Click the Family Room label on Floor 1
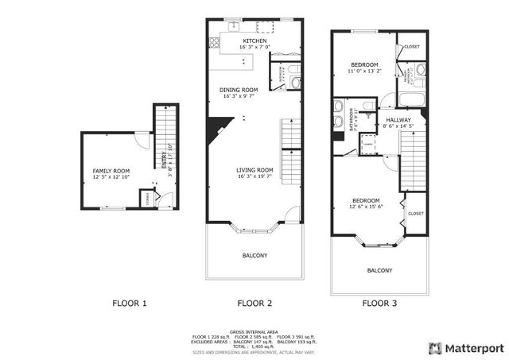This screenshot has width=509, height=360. (x=108, y=171)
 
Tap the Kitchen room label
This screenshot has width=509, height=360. (x=254, y=41)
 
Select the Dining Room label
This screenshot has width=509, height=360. (x=239, y=90)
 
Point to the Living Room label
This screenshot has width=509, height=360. (x=254, y=170)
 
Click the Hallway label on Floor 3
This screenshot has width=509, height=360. (x=398, y=120)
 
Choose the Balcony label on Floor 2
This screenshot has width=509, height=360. (x=254, y=255)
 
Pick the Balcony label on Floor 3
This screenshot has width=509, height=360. (x=379, y=270)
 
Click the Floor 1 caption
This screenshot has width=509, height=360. (x=130, y=303)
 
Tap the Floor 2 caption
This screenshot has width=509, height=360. (x=254, y=303)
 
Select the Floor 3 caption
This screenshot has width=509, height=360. (x=379, y=303)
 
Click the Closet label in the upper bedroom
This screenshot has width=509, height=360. (x=411, y=47)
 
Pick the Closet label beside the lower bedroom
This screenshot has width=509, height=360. (x=416, y=213)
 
